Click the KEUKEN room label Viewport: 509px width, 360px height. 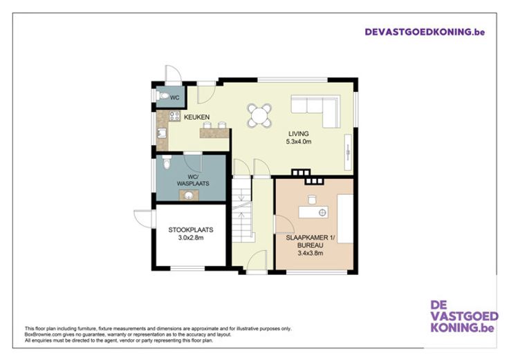[x=196, y=117]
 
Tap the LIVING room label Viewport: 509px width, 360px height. [x=299, y=133]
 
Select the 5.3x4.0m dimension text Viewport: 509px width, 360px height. [x=299, y=142]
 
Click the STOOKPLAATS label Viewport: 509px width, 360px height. [x=191, y=230]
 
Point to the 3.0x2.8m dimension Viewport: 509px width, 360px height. [x=191, y=238]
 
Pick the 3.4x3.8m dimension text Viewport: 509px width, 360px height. [x=311, y=254]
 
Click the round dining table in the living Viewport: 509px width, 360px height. [x=259, y=115]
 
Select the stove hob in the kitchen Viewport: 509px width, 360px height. [x=174, y=116]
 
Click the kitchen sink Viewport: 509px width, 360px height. [x=161, y=133]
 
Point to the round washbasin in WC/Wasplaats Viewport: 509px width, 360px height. [x=189, y=196]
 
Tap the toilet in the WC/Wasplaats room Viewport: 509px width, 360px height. [x=167, y=163]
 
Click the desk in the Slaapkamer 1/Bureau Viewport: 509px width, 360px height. [x=313, y=212]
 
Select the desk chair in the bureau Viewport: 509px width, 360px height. [x=312, y=200]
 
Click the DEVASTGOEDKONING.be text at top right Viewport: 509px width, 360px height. [x=425, y=32]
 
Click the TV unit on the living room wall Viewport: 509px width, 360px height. [x=348, y=152]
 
